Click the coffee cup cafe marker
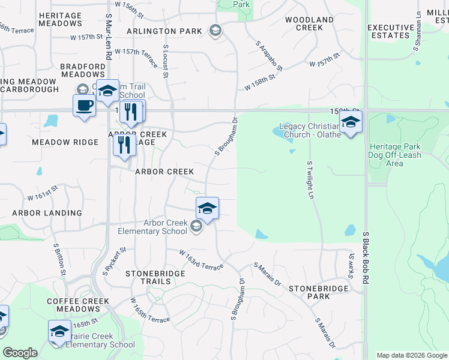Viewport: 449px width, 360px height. [x=84, y=106]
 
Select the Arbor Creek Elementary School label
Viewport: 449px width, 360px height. [x=152, y=227]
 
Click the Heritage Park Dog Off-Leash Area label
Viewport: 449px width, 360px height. [x=395, y=155]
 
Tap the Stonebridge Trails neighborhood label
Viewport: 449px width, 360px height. [x=152, y=274]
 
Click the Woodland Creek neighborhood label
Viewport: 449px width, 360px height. [x=309, y=23]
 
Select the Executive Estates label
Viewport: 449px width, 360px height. [x=390, y=31]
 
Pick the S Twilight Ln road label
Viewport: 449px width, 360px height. [x=310, y=180]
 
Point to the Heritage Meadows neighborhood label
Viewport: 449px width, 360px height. [x=59, y=19]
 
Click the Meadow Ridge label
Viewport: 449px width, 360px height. [x=65, y=142]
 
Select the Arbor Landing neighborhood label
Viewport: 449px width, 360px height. [x=47, y=213]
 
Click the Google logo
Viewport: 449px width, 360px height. [x=20, y=353]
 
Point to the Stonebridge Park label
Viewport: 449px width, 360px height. [x=318, y=292]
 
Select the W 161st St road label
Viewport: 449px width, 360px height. [x=43, y=193]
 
